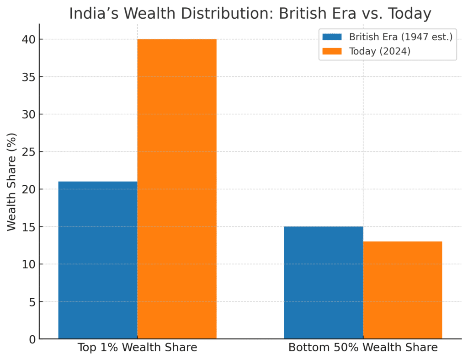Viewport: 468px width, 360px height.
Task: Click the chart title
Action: pos(250,14)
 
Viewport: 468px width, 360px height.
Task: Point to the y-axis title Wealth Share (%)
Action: pos(12,182)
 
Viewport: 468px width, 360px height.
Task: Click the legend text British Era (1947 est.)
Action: pos(400,37)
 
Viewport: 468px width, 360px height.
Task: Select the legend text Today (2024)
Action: pos(380,51)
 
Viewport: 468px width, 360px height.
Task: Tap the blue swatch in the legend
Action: pos(332,37)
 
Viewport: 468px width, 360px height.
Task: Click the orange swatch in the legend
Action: pos(332,51)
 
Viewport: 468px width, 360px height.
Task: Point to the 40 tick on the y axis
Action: pos(29,39)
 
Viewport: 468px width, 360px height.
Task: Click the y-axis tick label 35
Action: pos(29,77)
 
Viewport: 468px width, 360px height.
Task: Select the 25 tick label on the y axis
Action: pos(29,152)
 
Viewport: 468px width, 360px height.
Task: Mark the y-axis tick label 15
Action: pos(29,227)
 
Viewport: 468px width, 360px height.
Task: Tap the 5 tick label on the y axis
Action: pos(32,302)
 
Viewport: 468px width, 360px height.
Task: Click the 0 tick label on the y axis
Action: pos(32,339)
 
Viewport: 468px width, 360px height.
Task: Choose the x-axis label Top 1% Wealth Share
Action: pos(137,348)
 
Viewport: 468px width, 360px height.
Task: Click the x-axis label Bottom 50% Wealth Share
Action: pos(363,348)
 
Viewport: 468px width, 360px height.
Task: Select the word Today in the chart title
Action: pos(409,14)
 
